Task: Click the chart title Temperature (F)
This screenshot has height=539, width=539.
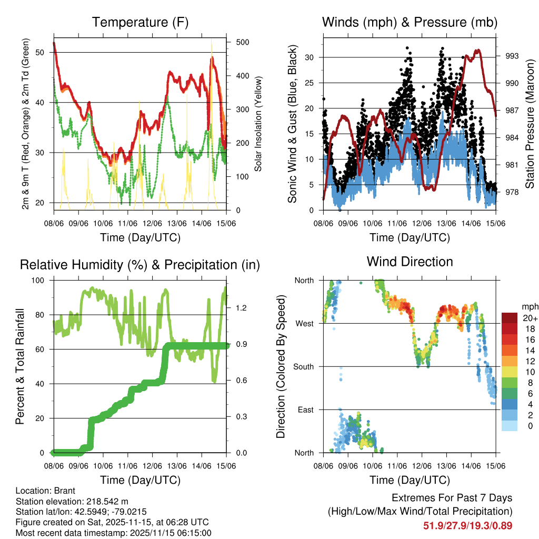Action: tap(140, 23)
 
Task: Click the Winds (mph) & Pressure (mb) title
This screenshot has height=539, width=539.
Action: tap(410, 23)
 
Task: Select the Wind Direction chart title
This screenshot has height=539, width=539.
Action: tap(410, 262)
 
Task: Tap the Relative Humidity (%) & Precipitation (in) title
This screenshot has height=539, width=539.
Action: tap(140, 265)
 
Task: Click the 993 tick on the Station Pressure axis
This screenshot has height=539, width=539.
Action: tap(512, 56)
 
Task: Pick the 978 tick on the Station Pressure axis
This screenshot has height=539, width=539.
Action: tap(512, 192)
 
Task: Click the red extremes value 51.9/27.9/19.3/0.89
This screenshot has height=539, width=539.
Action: tap(467, 525)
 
